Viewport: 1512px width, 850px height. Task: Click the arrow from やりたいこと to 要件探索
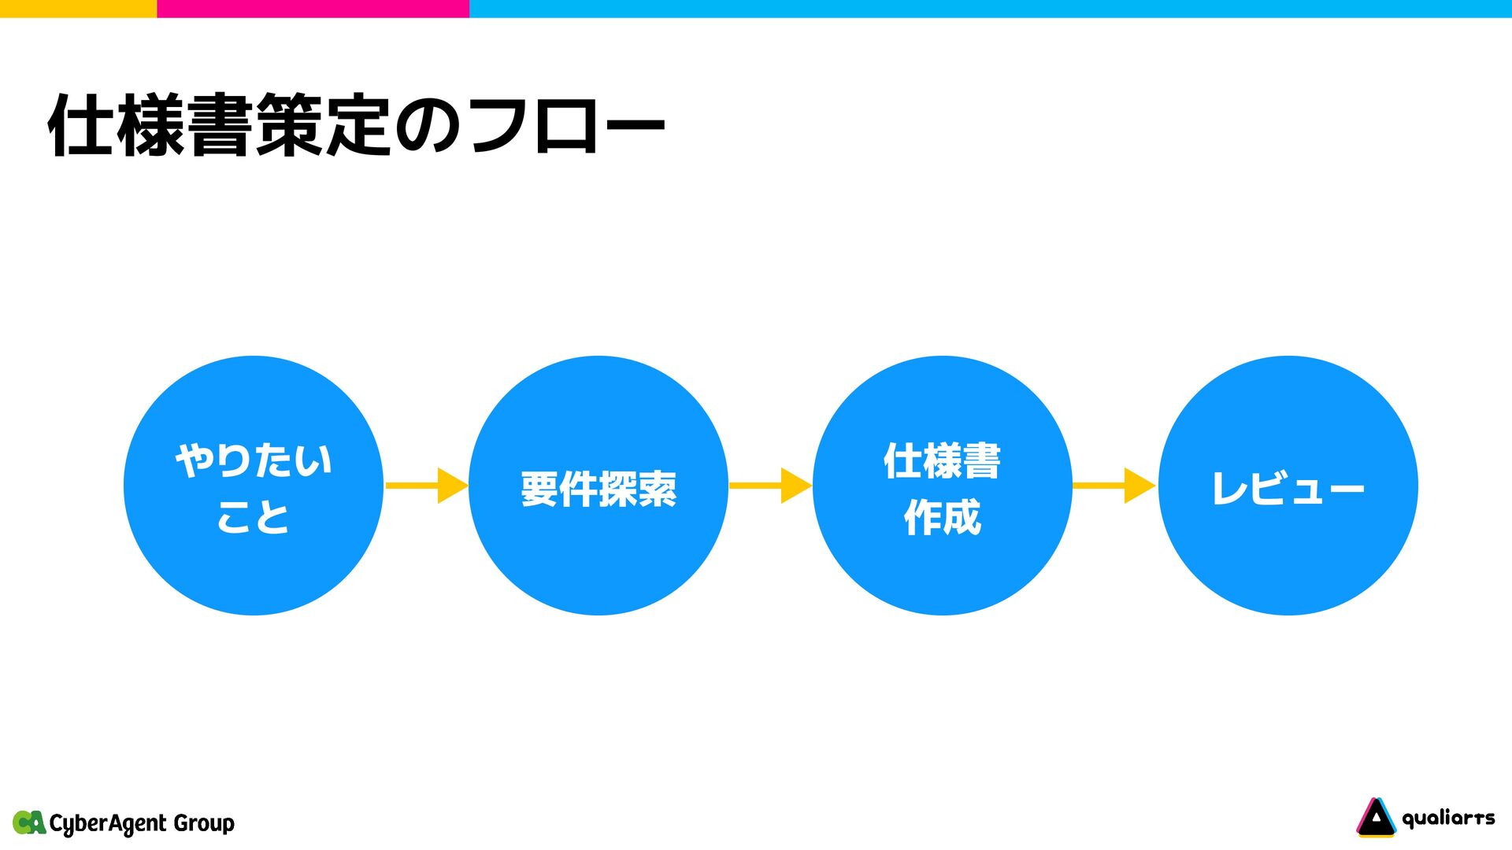coord(426,486)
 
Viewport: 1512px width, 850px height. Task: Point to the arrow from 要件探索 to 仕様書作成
coord(770,486)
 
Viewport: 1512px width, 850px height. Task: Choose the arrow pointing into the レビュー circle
coord(1114,486)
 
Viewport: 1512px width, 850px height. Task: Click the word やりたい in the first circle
coord(254,460)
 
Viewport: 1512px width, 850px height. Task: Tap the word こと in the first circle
coord(254,517)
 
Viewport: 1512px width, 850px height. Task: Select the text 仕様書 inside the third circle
coord(942,460)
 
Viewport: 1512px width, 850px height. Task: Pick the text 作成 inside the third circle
coord(942,517)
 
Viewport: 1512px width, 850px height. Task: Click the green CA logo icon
coord(29,822)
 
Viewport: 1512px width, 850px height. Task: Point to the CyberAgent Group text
coord(142,823)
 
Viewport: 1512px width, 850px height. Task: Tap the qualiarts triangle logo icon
coord(1376,817)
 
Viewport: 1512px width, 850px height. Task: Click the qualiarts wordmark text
coord(1448,819)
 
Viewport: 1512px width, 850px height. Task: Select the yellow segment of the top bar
coord(78,8)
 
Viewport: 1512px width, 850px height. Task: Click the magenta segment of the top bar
coord(313,8)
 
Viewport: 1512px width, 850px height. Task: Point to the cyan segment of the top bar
coord(990,8)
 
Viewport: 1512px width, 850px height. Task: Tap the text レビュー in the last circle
coord(1288,489)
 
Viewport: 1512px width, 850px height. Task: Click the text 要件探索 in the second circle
coord(598,489)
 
